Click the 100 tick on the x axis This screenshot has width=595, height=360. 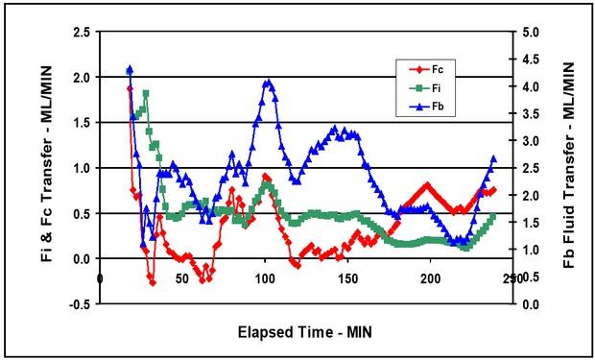point(266,277)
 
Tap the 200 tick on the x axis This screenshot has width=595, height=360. point(431,277)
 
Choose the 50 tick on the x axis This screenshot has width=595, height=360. point(183,277)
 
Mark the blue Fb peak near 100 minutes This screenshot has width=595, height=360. point(269,82)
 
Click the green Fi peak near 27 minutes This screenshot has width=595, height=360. point(146,93)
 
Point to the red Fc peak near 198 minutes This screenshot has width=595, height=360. point(427,184)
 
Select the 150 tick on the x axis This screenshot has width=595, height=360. point(348,277)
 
